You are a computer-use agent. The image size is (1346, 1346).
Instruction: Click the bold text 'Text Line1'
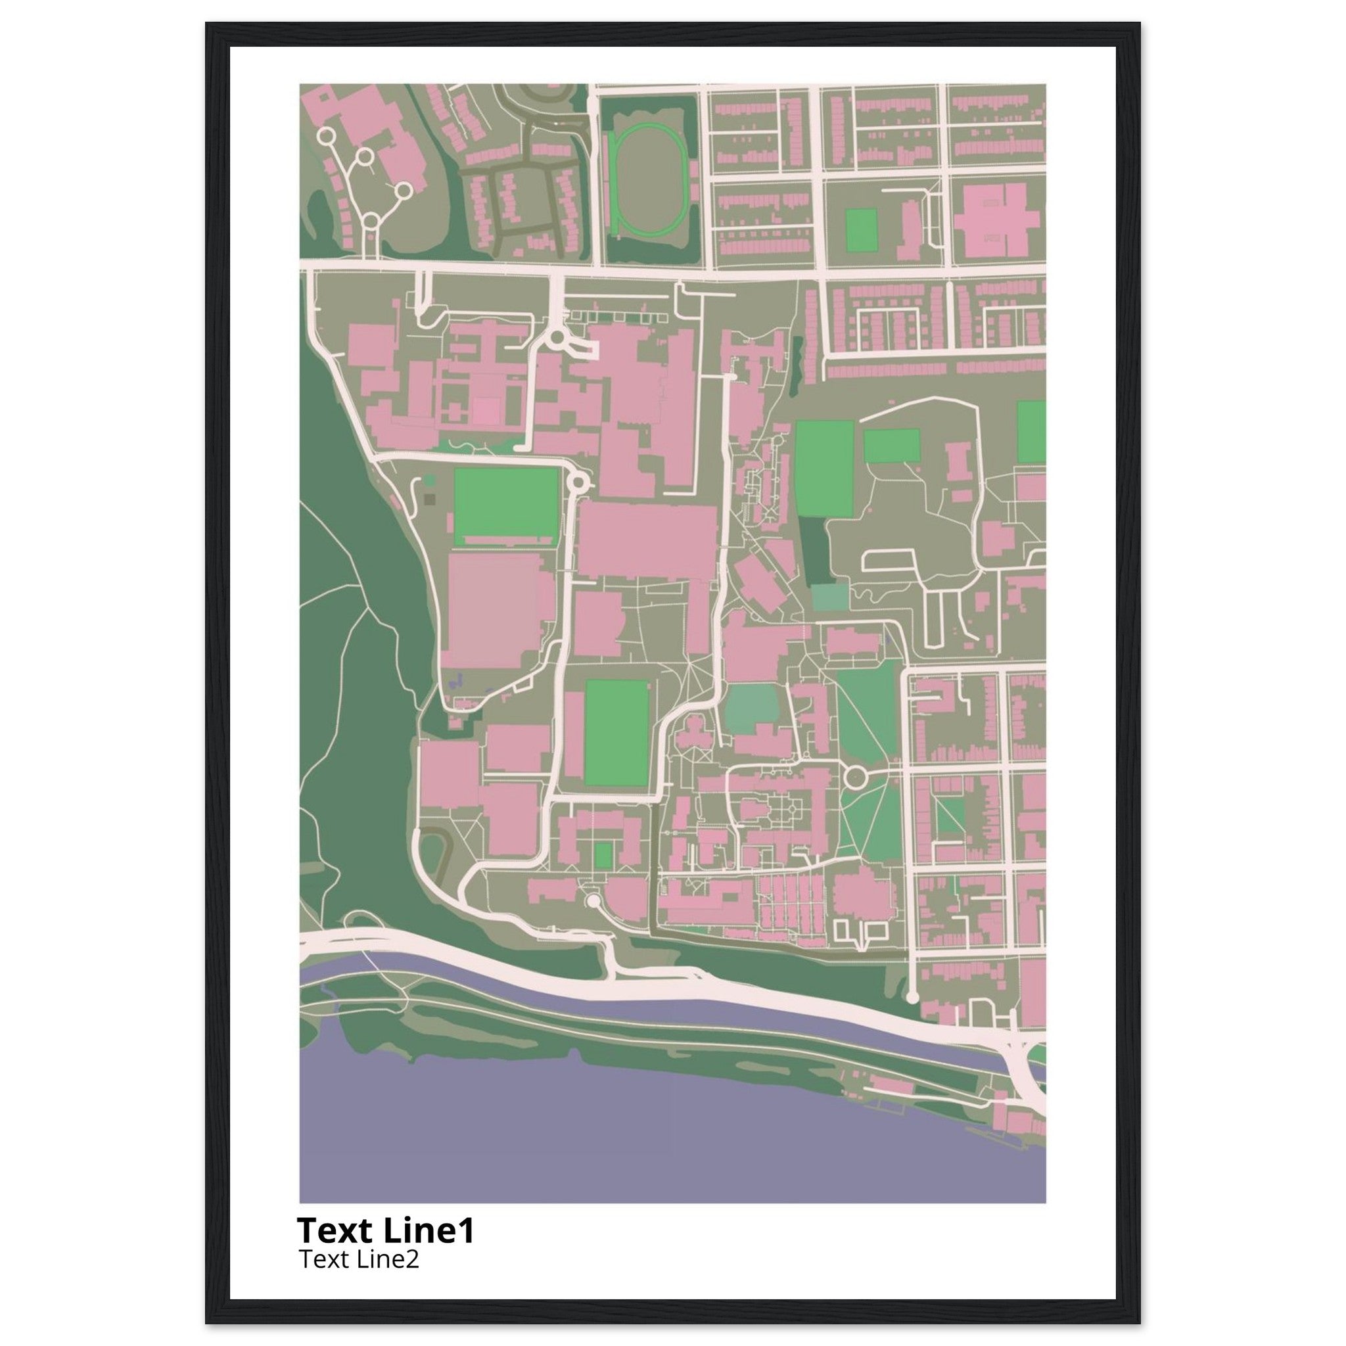coord(385,1230)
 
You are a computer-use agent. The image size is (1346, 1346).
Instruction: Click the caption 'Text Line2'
coord(359,1260)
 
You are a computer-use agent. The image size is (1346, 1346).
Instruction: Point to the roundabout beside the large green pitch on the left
coord(578,480)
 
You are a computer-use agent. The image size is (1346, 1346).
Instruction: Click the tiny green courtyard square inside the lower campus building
coord(604,854)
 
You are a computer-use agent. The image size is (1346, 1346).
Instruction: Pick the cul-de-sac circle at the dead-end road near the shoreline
coord(912,998)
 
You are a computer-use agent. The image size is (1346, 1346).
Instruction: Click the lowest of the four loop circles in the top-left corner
coord(371,222)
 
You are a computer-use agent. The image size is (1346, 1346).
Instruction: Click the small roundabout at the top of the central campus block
coord(557,339)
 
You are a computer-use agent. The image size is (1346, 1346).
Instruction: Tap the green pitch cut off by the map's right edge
coord(1031,432)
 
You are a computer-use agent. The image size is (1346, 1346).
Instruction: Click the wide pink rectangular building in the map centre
coord(647,542)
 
